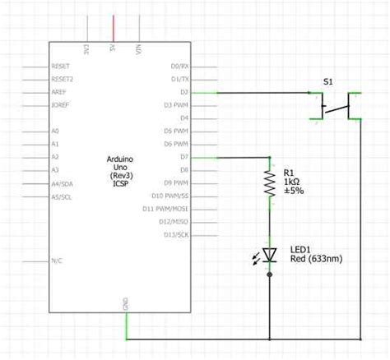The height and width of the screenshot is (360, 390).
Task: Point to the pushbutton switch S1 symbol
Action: tap(335, 106)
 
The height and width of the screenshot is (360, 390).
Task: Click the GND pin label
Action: tap(125, 304)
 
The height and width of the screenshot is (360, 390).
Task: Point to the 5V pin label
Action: tap(112, 48)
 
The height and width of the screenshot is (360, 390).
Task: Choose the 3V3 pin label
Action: tap(86, 48)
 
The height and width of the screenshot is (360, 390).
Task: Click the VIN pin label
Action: tap(137, 48)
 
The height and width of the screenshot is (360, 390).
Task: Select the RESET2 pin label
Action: tap(63, 79)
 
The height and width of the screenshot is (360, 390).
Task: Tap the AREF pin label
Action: tap(58, 92)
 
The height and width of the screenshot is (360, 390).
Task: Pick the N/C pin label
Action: tap(57, 260)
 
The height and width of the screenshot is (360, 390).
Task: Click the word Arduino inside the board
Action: tap(122, 157)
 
